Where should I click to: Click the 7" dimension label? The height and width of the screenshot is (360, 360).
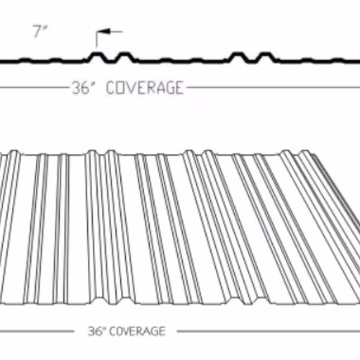(40, 31)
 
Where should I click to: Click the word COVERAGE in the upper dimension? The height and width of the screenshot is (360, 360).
(145, 88)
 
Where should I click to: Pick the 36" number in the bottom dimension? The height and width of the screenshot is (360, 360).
(97, 331)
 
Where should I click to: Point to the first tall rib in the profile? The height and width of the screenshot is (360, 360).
(97, 58)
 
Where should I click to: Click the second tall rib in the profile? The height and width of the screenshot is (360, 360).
(125, 58)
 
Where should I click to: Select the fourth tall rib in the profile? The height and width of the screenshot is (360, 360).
(265, 58)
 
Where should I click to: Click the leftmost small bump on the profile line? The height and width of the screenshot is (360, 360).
(25, 60)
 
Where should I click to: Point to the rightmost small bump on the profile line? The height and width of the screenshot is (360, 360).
(338, 60)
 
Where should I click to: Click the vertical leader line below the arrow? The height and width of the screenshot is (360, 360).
(96, 39)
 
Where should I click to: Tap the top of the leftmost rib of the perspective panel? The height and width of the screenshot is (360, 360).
(14, 152)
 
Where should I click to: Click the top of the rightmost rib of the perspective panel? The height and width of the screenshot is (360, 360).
(305, 152)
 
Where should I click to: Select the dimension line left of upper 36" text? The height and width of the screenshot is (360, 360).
(35, 88)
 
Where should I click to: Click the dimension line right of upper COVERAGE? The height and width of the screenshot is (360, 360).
(274, 87)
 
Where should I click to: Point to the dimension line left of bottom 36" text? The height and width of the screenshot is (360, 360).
(37, 332)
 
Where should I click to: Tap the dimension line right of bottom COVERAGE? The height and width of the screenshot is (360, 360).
(269, 331)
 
